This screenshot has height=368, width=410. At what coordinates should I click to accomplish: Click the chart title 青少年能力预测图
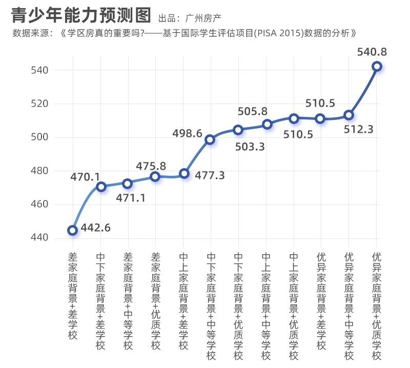coord(82,15)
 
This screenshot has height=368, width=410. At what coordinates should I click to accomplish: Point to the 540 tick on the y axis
coord(39,70)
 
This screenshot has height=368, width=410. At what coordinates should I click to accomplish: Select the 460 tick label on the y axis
coord(39,205)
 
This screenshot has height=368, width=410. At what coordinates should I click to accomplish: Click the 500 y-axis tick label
coord(39,137)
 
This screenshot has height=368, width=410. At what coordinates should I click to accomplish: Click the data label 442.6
coord(95,228)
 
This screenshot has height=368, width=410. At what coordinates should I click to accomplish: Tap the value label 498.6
coord(187,134)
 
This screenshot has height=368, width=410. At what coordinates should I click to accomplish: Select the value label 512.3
coord(358,130)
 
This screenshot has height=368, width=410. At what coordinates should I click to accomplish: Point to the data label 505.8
coord(253,111)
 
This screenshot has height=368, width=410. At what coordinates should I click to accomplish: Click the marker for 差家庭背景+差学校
coord(73,230)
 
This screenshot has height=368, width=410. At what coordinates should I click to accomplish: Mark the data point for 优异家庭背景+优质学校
coord(377,66)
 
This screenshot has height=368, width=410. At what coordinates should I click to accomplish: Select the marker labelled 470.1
coord(101,187)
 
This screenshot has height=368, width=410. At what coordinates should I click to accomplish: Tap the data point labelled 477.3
coord(184,173)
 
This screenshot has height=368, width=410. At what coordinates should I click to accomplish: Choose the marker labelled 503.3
coord(238,130)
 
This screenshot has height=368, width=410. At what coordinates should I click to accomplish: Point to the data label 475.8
coord(151,167)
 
